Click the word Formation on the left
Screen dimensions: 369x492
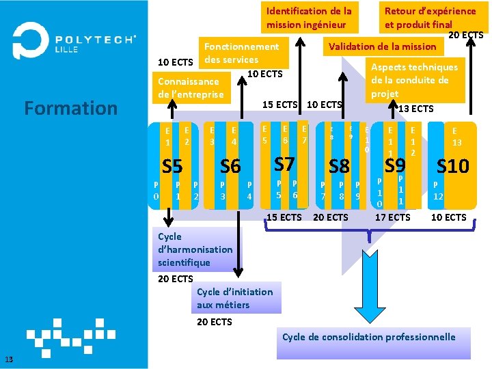pyautogui.click(x=70, y=108)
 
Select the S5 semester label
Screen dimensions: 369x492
pyautogui.click(x=172, y=166)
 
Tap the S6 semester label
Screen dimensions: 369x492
pyautogui.click(x=230, y=166)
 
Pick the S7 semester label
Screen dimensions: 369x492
pyautogui.click(x=284, y=164)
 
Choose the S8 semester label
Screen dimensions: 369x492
pyautogui.click(x=339, y=166)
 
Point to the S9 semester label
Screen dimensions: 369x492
pyautogui.click(x=395, y=165)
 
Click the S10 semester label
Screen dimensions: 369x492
pyautogui.click(x=453, y=166)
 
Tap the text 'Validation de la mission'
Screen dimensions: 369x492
pyautogui.click(x=382, y=46)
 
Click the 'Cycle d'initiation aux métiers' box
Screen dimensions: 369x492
pyautogui.click(x=234, y=299)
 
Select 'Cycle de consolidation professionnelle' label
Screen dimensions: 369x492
pyautogui.click(x=369, y=337)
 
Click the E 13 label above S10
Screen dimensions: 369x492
pyautogui.click(x=454, y=137)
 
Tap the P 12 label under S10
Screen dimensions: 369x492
pyautogui.click(x=439, y=191)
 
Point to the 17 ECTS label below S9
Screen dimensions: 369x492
pyautogui.click(x=393, y=217)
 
